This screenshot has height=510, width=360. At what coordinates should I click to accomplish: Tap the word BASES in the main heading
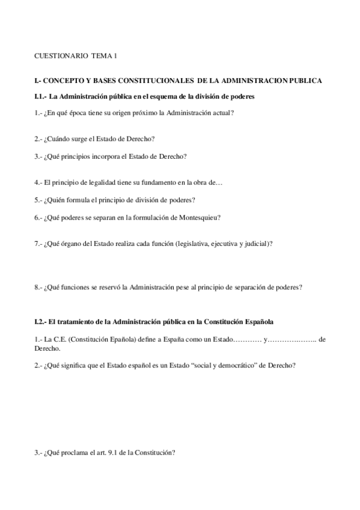pos(120,80)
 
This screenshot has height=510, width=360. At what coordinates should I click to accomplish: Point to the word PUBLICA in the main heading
pos(307,80)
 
